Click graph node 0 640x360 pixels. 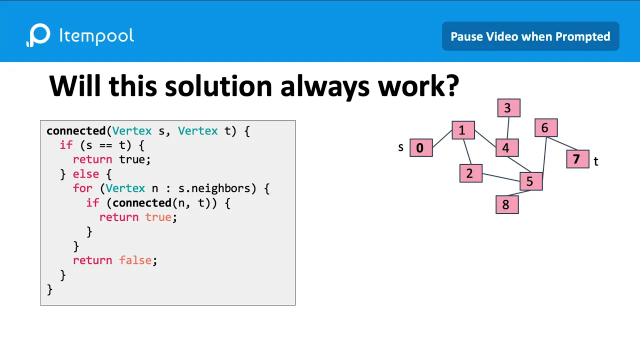421,148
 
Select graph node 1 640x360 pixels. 463,130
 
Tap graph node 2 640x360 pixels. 470,173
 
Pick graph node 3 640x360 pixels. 508,108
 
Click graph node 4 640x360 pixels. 507,148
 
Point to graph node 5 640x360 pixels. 530,181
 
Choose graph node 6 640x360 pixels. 545,128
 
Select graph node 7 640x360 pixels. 577,159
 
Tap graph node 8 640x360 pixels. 507,205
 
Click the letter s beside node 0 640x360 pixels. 400,147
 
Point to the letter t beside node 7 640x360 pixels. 596,161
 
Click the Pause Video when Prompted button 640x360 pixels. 530,36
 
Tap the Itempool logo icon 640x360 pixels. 38,35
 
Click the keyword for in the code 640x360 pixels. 82,188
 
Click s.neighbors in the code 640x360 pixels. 217,188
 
